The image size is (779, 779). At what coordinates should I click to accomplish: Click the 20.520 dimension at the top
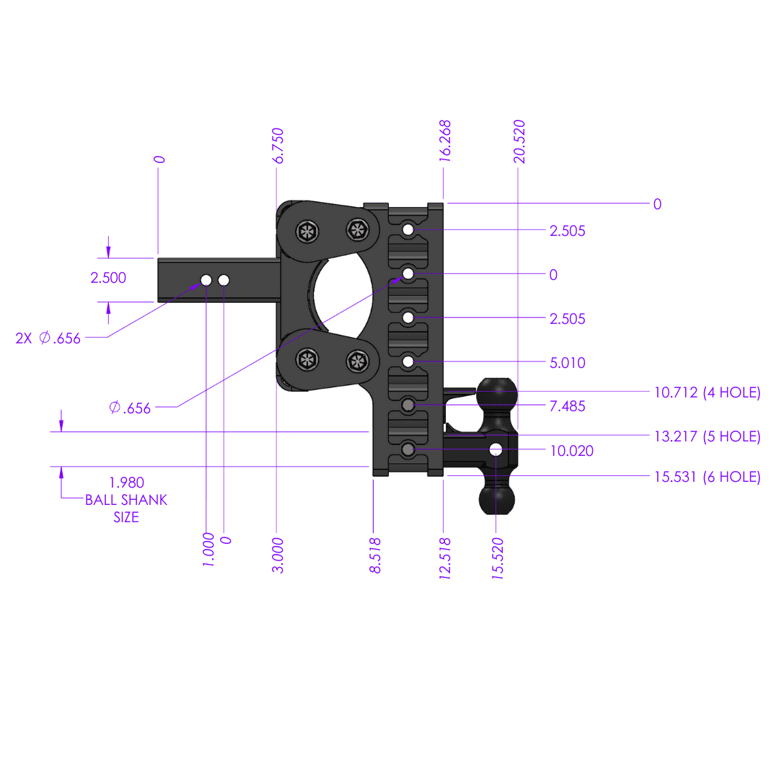click(x=519, y=142)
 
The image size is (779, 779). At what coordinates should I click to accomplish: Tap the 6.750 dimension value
click(x=278, y=146)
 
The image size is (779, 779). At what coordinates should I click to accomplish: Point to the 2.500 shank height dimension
click(x=108, y=278)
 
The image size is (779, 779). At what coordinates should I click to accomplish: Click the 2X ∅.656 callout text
click(x=48, y=338)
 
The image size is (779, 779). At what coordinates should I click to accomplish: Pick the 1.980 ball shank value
click(x=126, y=483)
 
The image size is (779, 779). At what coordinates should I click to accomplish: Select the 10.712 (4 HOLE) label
click(x=707, y=393)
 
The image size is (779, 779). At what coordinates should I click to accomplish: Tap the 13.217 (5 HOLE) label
click(x=707, y=436)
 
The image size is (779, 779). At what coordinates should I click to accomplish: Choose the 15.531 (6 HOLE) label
click(x=707, y=477)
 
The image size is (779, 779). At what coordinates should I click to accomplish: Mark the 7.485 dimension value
click(x=567, y=407)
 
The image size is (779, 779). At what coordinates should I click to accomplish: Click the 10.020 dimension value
click(x=571, y=451)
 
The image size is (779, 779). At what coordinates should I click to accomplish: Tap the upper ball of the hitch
click(x=496, y=395)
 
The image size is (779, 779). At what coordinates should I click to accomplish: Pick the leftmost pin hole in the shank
click(x=206, y=280)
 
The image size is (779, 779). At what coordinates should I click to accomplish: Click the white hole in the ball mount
click(x=496, y=449)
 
